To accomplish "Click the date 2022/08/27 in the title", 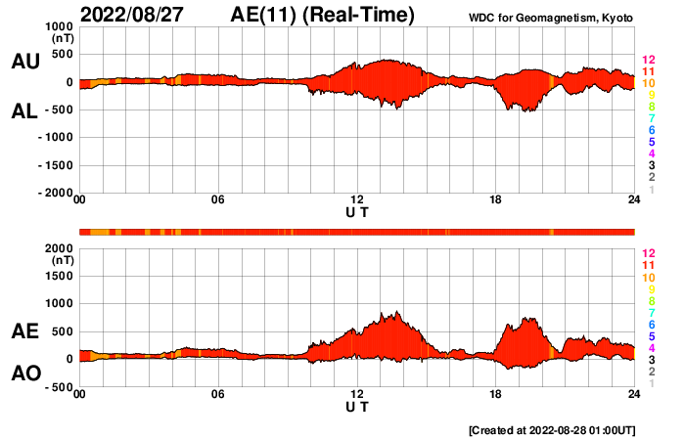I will [134, 15].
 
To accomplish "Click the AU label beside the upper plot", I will [24, 62].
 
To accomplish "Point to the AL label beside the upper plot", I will [24, 111].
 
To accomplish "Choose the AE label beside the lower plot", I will [24, 331].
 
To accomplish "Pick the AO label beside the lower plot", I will [24, 374].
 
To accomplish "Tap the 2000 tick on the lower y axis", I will [60, 248].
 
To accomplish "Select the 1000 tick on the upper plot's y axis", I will [60, 26].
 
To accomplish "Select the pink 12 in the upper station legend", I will [648, 61].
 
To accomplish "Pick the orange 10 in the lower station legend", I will [648, 278].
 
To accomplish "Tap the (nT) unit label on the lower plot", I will [61, 260].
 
